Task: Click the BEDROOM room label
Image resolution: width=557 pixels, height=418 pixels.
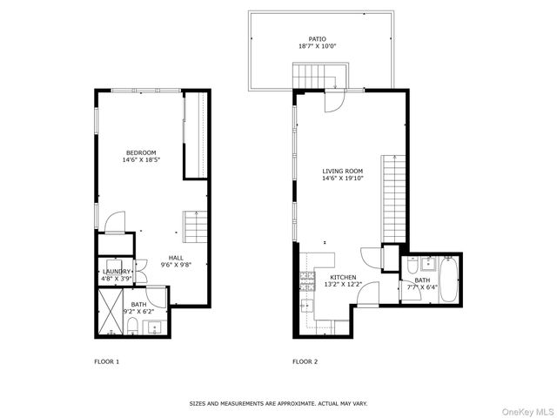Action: (140, 152)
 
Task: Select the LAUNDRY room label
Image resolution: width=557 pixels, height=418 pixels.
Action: (116, 271)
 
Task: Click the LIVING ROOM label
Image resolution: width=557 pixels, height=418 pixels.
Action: (342, 172)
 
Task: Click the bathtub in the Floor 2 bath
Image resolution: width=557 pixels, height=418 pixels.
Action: (447, 279)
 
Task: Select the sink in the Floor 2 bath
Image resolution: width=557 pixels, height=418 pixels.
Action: (427, 264)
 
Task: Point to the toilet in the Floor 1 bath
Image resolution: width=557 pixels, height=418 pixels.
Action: (132, 326)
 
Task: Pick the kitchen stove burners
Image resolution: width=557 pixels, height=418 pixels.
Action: (307, 280)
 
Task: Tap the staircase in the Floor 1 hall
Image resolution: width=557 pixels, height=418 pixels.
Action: (196, 227)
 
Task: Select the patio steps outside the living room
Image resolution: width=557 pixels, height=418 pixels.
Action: (319, 77)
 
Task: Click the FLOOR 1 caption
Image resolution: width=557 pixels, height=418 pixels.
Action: (106, 361)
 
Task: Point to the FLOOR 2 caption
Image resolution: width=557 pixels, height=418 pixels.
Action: (305, 361)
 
